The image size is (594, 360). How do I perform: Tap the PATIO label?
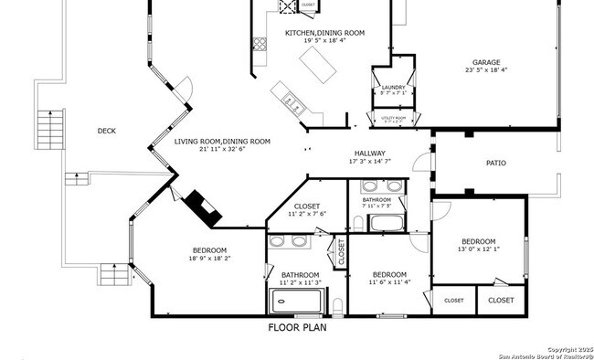click(495, 164)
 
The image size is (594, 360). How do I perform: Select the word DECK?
click(107, 131)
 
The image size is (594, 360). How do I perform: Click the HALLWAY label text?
click(370, 153)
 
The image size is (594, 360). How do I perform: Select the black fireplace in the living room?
click(203, 208)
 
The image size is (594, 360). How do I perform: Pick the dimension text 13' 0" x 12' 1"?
click(478, 249)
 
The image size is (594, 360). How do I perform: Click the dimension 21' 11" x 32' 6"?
click(222, 150)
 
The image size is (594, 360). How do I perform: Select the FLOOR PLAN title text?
click(297, 327)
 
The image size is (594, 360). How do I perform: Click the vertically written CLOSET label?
click(341, 251)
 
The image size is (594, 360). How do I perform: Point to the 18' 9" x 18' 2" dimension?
click(208, 259)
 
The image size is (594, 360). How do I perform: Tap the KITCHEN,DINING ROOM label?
click(324, 33)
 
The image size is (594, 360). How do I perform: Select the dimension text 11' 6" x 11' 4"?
click(388, 282)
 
